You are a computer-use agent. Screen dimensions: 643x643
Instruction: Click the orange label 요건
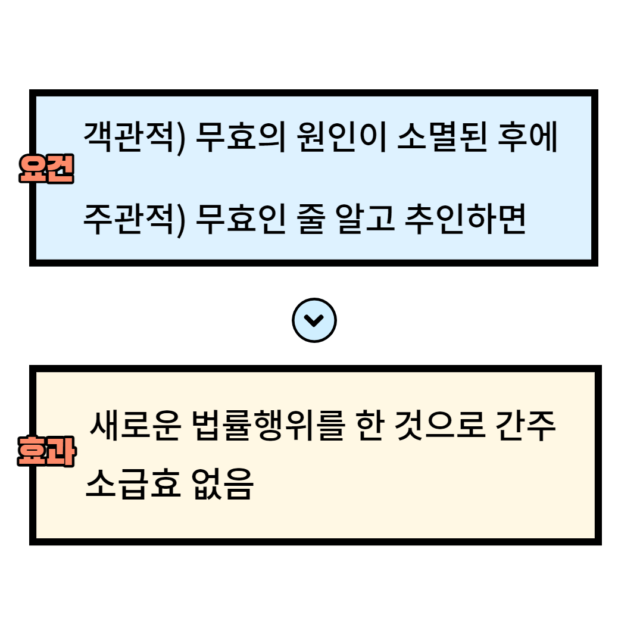46,170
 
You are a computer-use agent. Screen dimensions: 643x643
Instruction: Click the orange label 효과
46,452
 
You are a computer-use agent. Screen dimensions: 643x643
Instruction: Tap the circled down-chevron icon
314,320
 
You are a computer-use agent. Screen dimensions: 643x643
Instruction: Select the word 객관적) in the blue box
135,138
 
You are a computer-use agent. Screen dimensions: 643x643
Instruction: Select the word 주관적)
135,220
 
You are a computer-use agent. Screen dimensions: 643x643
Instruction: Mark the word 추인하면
465,220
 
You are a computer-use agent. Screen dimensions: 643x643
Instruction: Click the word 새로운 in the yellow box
135,426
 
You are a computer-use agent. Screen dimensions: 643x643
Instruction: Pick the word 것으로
440,426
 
